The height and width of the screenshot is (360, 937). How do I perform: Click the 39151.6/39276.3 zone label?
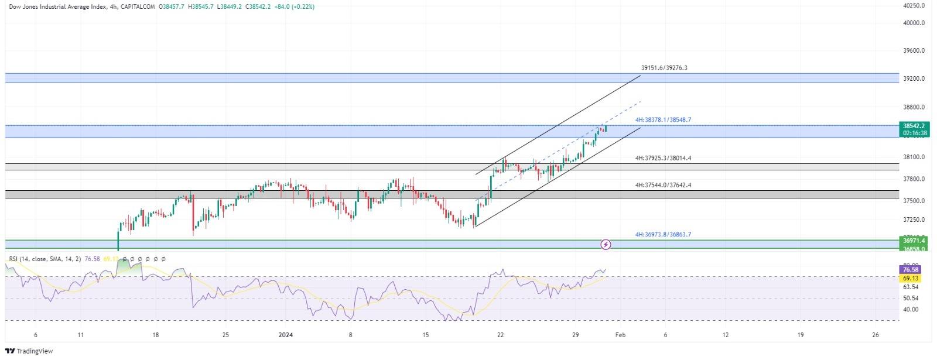[664, 68]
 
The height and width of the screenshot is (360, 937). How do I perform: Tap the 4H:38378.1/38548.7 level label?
[663, 120]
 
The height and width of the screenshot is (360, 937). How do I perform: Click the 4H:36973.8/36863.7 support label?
[663, 235]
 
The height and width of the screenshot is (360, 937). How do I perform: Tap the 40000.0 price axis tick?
[914, 23]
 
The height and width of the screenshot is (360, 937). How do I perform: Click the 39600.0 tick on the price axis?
[914, 51]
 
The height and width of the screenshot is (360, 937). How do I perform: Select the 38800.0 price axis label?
[914, 108]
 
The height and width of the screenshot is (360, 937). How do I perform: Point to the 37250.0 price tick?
[914, 220]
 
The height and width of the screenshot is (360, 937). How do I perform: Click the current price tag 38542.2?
[914, 126]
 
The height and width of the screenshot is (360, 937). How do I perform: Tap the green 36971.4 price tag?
[914, 241]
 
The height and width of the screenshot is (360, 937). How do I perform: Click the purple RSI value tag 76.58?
[911, 270]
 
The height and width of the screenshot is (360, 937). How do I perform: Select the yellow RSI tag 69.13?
[911, 279]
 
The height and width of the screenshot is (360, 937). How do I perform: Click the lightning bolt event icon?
[607, 244]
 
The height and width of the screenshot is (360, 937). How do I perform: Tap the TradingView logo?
[29, 351]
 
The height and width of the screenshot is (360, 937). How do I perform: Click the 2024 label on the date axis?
[285, 335]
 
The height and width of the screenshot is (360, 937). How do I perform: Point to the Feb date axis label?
[621, 335]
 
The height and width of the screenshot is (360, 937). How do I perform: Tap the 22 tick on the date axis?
[500, 335]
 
